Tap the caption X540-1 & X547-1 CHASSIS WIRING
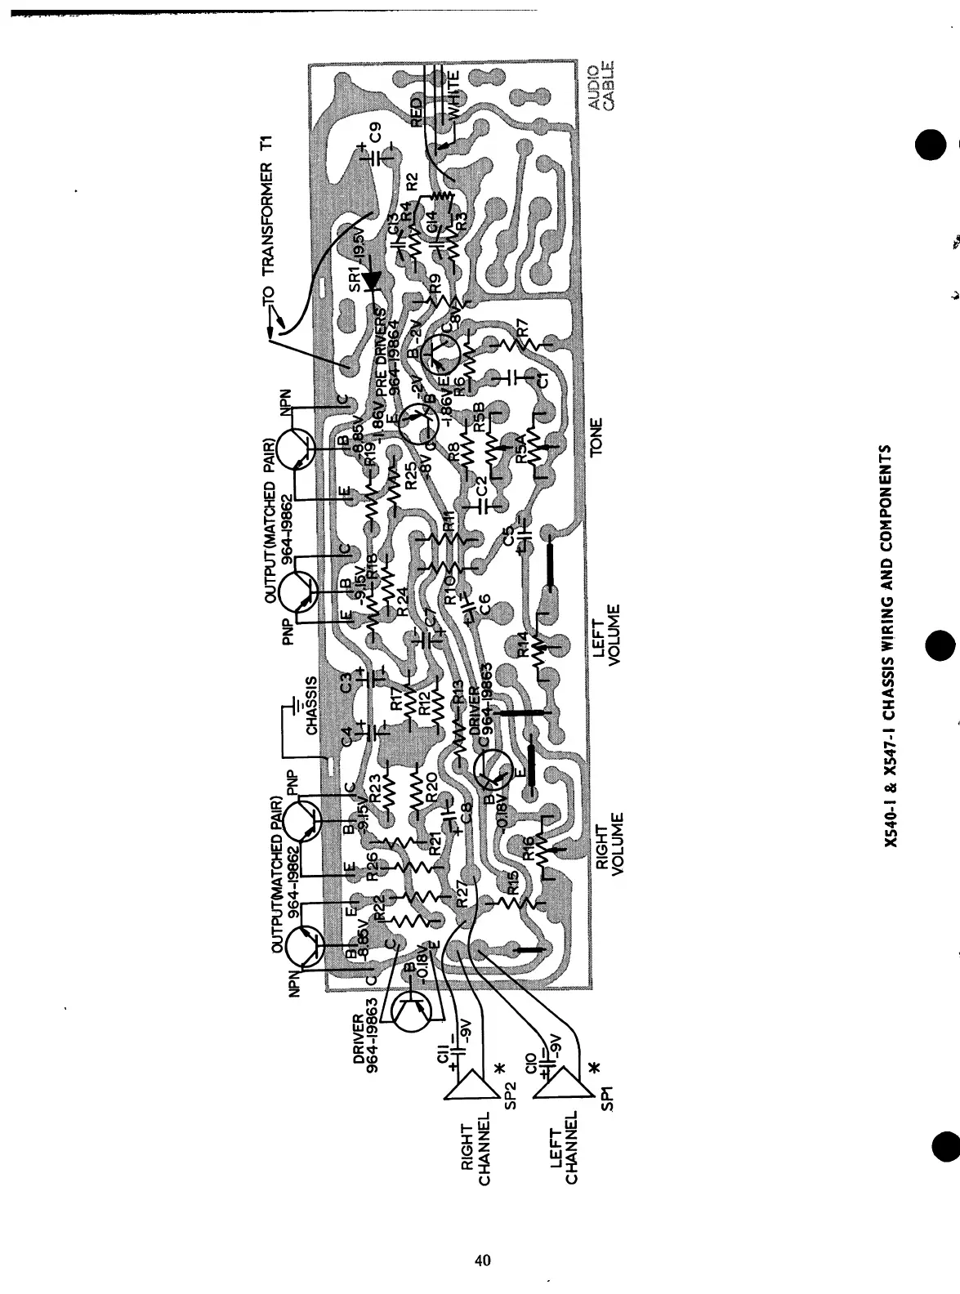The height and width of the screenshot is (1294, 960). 894,646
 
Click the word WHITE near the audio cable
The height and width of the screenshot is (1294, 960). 457,96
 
